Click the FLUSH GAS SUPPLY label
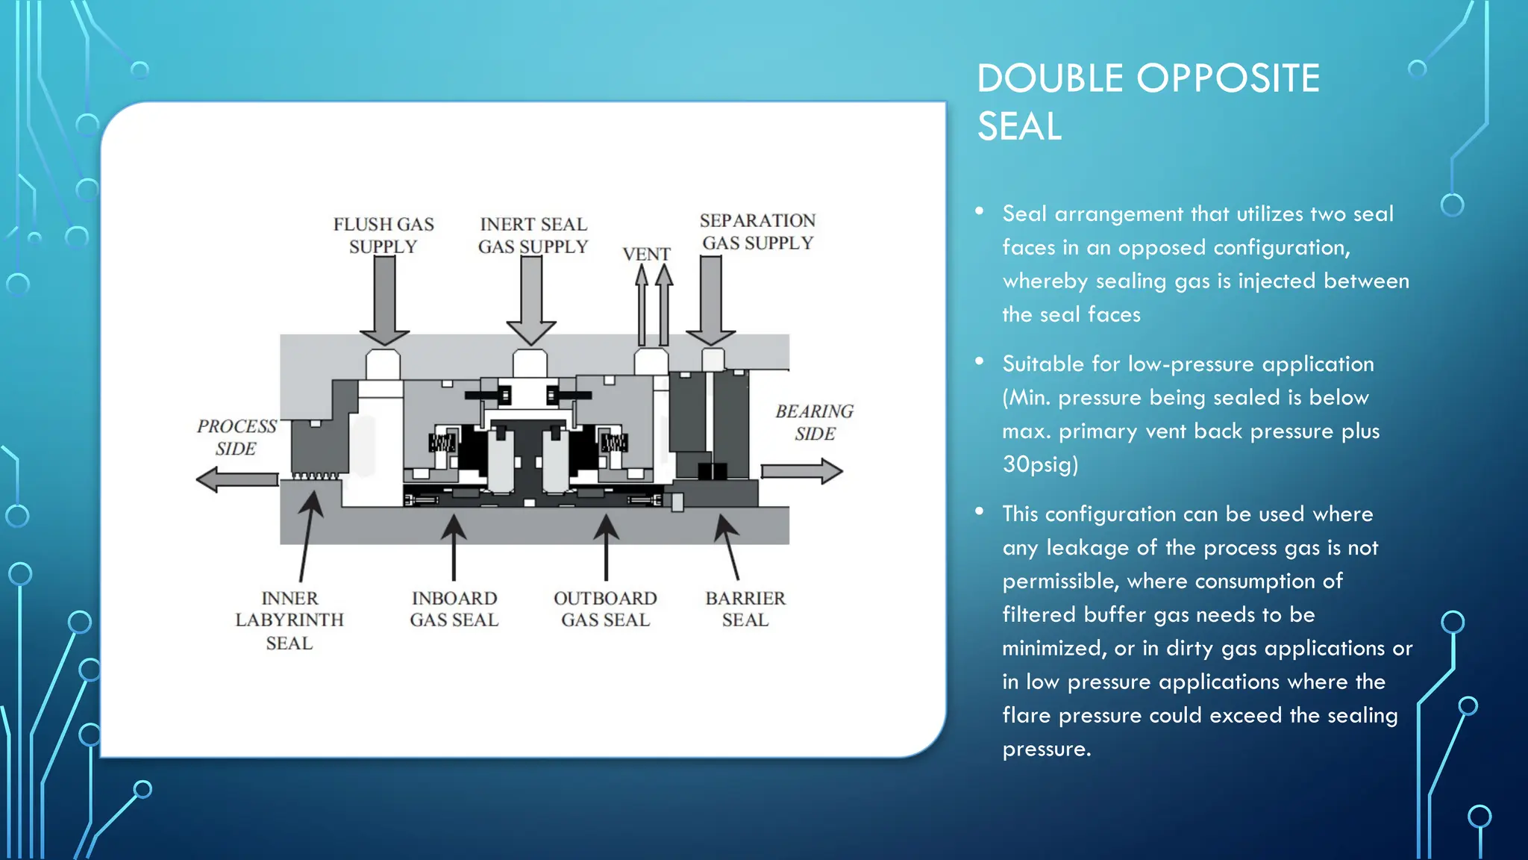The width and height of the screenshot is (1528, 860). (383, 235)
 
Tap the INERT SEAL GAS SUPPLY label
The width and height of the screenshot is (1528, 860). (533, 235)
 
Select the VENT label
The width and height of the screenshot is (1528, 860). (646, 255)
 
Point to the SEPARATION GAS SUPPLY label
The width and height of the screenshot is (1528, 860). (757, 231)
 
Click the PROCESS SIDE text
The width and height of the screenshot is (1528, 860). (237, 437)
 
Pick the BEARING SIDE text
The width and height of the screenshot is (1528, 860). (814, 423)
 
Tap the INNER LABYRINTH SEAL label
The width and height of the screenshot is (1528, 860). (289, 620)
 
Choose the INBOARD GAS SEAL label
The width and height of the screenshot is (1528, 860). (454, 609)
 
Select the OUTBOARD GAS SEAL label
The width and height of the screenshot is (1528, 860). (605, 609)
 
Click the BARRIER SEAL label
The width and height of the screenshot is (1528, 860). (745, 609)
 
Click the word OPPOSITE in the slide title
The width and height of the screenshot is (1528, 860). (1228, 78)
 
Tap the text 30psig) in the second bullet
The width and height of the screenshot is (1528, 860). (1040, 464)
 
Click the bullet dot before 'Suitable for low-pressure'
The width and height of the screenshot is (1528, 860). (980, 362)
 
